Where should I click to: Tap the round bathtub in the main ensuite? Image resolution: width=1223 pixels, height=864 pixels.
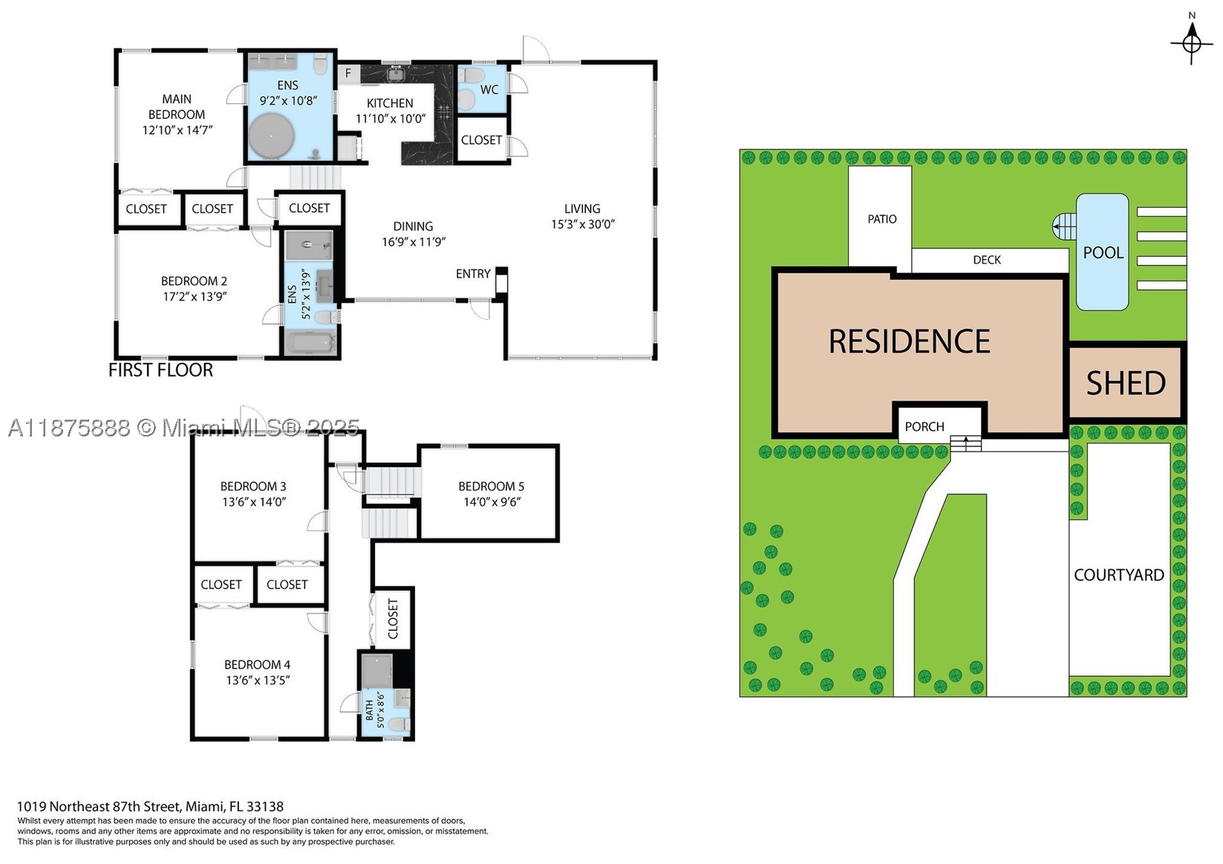pos(271,136)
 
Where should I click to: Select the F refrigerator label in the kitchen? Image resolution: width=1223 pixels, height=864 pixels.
pos(348,73)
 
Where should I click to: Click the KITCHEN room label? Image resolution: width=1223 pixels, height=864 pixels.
pos(390,103)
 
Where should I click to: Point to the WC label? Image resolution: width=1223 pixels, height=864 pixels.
pos(489,90)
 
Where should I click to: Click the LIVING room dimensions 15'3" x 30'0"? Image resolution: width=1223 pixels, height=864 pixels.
pos(583,224)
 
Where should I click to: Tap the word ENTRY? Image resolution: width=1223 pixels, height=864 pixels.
pos(473,273)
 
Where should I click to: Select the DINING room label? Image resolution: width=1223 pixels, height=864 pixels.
pos(413,226)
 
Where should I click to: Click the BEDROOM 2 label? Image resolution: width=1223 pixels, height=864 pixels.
pos(194,281)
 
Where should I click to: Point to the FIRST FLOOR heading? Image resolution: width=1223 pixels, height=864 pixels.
pos(160,370)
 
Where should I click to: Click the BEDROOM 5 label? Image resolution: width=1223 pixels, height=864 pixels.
pos(491,486)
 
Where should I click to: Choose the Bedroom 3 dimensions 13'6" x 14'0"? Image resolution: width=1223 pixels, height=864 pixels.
pos(254,502)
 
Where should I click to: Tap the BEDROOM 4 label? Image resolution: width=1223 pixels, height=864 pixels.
pos(257,665)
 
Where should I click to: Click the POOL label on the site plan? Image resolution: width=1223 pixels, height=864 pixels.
pos(1103,252)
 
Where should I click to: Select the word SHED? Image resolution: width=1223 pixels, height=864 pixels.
pos(1126,383)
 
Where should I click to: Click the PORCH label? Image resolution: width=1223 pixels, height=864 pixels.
pos(924,427)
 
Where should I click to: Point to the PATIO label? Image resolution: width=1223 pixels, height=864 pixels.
pos(881,219)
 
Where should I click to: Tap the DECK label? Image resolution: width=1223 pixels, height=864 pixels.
pos(987,260)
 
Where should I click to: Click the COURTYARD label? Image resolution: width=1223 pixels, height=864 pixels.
pos(1119,575)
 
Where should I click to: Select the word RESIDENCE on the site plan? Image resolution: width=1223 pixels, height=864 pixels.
pos(910,341)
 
